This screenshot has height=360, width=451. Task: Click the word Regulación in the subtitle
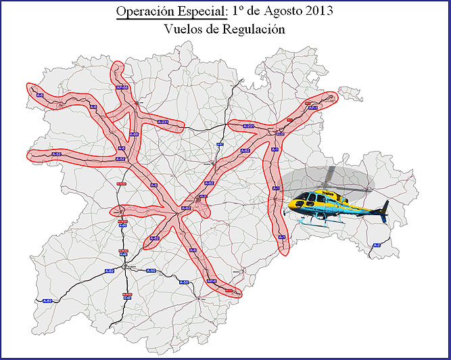(x=254, y=30)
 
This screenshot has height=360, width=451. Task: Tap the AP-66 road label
(x=122, y=88)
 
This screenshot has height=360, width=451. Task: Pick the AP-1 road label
(x=313, y=108)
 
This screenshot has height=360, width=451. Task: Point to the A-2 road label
(x=377, y=244)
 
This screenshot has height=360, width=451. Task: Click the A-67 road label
(x=219, y=144)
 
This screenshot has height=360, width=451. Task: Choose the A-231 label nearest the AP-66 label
(x=162, y=121)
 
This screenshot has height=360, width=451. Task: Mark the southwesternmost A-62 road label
(x=47, y=300)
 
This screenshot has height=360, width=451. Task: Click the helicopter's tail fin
(x=384, y=206)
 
